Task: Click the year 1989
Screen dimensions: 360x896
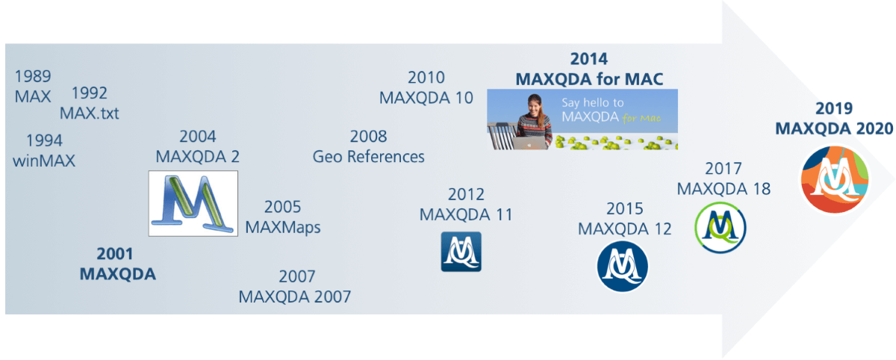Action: (x=33, y=76)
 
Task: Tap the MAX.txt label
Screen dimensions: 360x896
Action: (x=90, y=114)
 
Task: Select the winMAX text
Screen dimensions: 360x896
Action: (x=44, y=160)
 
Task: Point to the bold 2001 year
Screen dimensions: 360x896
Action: (x=117, y=254)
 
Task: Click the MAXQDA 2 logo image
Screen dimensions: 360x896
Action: (x=193, y=203)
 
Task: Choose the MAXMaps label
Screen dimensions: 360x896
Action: (x=283, y=227)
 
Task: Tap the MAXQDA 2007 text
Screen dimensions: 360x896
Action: (x=295, y=297)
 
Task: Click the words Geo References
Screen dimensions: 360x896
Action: (x=368, y=156)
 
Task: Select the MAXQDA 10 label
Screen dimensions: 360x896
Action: (x=426, y=98)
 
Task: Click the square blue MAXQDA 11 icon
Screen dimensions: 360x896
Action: (x=461, y=252)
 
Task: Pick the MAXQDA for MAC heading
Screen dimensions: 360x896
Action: (x=589, y=78)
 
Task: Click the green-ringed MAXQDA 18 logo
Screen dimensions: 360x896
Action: (x=721, y=227)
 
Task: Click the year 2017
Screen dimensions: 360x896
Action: (x=724, y=168)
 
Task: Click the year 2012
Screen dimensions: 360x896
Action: (x=466, y=195)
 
